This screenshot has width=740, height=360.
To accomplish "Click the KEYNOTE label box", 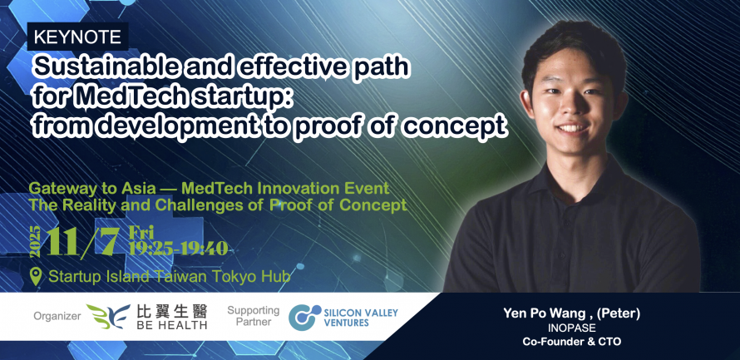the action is pyautogui.click(x=78, y=37).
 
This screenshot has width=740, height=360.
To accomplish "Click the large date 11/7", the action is pyautogui.click(x=82, y=243).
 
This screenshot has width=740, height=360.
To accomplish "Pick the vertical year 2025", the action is pyautogui.click(x=36, y=242).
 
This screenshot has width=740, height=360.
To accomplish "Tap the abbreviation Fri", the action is pyautogui.click(x=142, y=232).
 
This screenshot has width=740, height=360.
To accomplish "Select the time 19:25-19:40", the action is pyautogui.click(x=179, y=249).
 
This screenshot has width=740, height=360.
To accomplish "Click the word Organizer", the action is pyautogui.click(x=57, y=316).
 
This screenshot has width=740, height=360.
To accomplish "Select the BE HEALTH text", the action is pyautogui.click(x=172, y=324).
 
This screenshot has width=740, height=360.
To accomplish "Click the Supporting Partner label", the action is pyautogui.click(x=254, y=316).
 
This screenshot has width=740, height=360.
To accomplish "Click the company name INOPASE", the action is pyautogui.click(x=571, y=328).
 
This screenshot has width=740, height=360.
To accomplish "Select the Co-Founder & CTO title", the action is pyautogui.click(x=571, y=342).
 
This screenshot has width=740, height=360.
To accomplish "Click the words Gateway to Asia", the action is pyautogui.click(x=92, y=188).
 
